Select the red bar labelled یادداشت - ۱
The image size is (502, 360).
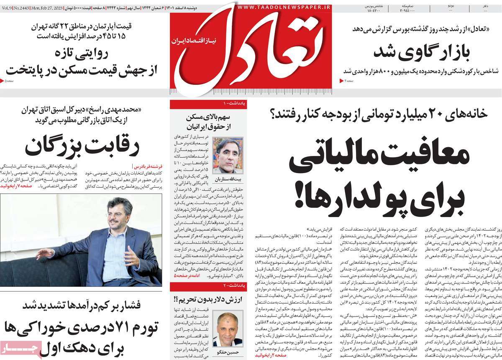pos(208,103)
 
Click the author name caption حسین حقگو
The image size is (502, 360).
pos(228,353)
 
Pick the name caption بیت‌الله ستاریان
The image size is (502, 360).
pos(228,179)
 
